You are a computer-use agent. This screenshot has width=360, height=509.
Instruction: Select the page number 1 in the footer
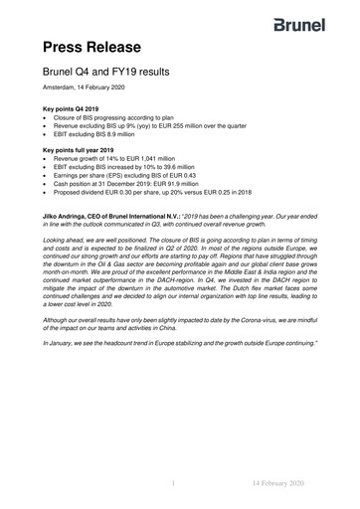click(174, 484)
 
